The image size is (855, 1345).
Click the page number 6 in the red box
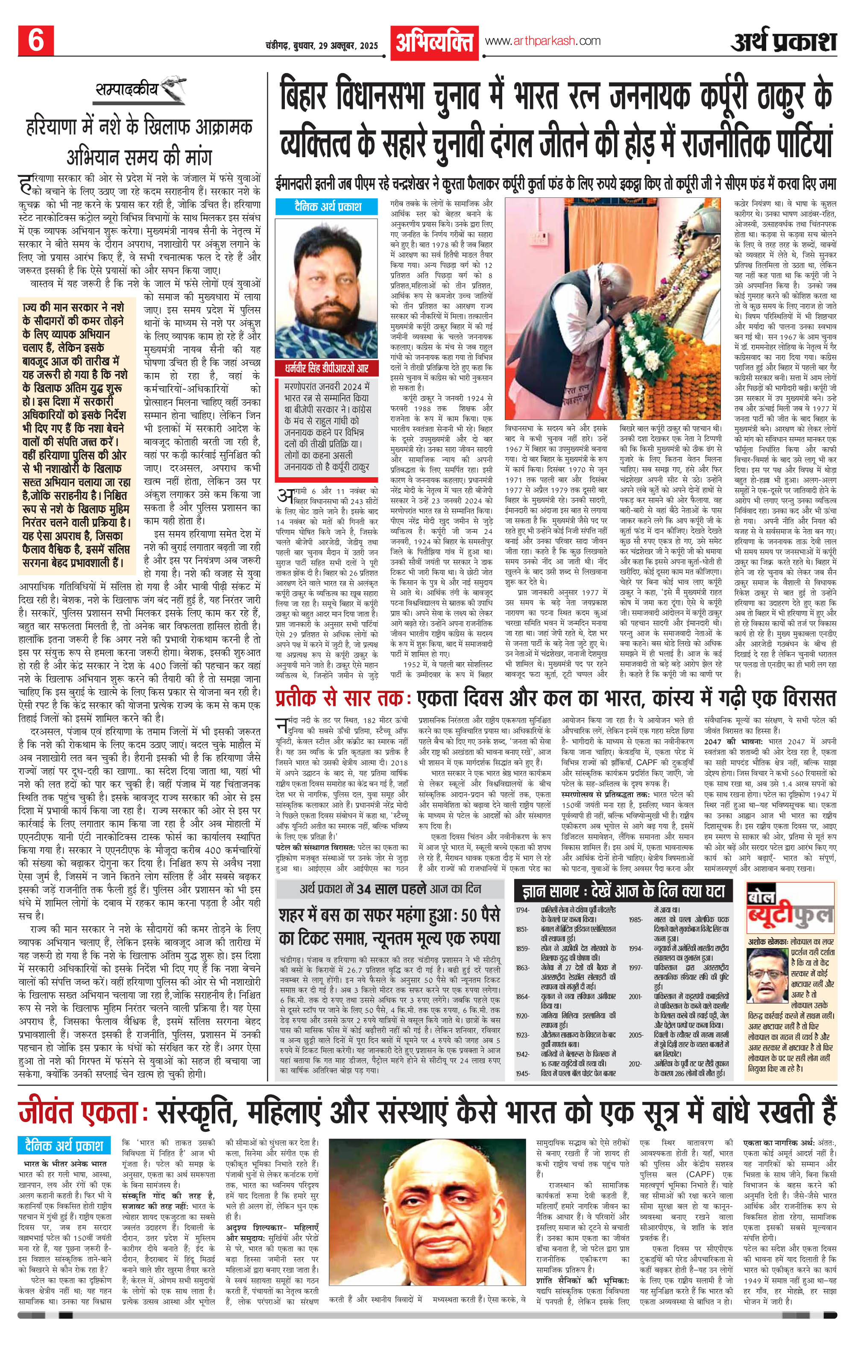36,41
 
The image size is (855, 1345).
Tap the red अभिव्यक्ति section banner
434,42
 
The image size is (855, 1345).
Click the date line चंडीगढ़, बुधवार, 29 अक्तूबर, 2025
322,45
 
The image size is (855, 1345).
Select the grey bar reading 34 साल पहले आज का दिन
390,889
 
